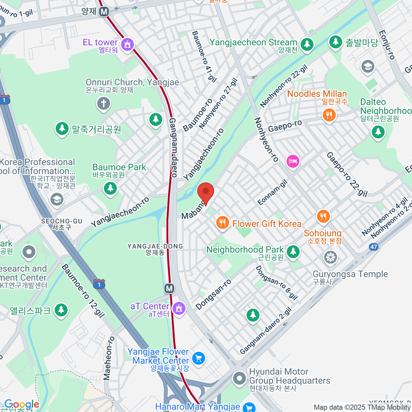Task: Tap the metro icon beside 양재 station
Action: click(x=104, y=12)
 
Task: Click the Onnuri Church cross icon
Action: click(x=103, y=103)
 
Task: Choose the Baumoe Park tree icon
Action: click(x=110, y=188)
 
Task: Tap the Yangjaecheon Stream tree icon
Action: click(x=307, y=44)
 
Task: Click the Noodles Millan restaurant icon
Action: click(x=329, y=115)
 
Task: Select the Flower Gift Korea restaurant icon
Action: click(x=222, y=223)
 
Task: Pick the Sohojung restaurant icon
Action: click(x=323, y=217)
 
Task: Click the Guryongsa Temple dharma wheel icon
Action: click(x=330, y=257)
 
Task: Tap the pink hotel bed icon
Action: click(x=293, y=161)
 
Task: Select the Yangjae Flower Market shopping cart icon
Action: click(x=198, y=359)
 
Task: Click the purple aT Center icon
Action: click(x=179, y=308)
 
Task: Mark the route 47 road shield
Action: click(x=374, y=247)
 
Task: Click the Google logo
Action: click(x=21, y=404)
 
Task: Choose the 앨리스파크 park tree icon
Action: click(x=61, y=310)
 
